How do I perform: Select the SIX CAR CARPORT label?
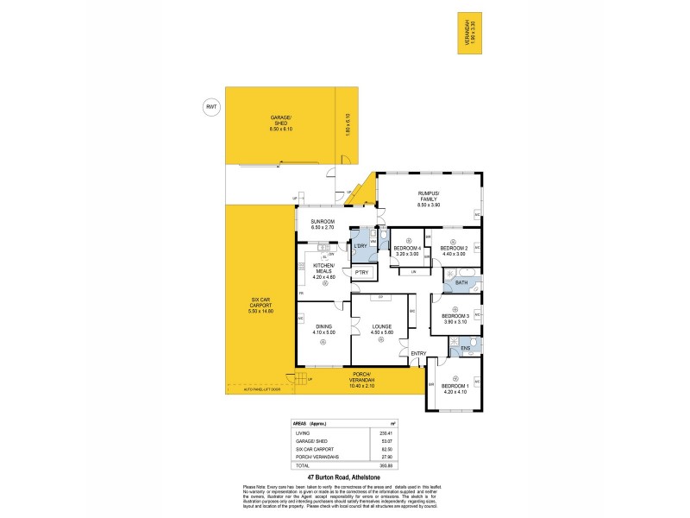[x=260, y=306]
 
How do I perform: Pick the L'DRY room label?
[x=361, y=246]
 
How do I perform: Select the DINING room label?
[x=323, y=327]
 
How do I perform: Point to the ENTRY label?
[x=419, y=353]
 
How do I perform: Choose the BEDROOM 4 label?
[x=407, y=249]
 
